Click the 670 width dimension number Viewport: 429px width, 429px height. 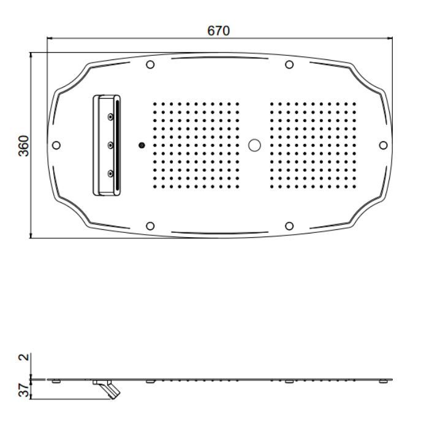(x=218, y=31)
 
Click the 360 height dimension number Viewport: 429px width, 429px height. (x=24, y=146)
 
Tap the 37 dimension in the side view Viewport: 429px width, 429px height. (x=24, y=390)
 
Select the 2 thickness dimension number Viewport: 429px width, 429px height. (x=24, y=357)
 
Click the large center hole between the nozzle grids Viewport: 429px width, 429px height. (x=254, y=145)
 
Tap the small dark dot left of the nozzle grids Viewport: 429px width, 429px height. (x=142, y=145)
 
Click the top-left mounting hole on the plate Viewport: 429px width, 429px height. (x=150, y=64)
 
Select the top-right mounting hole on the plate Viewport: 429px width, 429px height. (x=289, y=64)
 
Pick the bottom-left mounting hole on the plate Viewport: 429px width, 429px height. (x=150, y=226)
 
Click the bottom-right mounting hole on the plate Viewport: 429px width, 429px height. (x=289, y=226)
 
